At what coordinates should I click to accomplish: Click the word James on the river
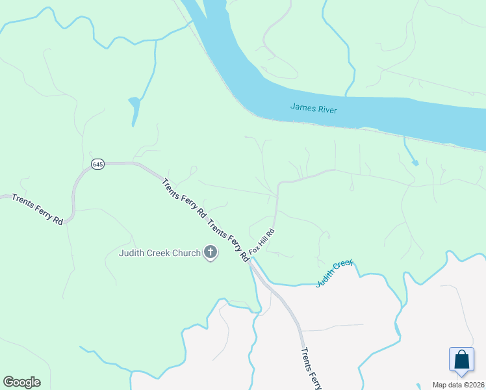click(302, 107)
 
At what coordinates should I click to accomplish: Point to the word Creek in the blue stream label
click(343, 265)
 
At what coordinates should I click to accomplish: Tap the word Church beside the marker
click(188, 253)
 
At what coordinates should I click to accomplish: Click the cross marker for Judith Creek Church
click(210, 252)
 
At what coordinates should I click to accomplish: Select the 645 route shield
click(97, 164)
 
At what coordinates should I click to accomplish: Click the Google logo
click(21, 382)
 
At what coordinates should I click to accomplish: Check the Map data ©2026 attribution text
click(458, 385)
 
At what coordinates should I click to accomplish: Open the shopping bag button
click(461, 360)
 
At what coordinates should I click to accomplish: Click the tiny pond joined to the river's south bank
click(414, 162)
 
